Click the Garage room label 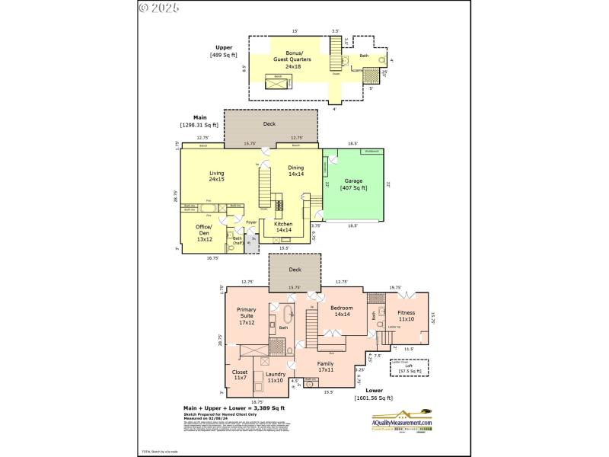[352, 184]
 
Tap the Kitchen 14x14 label [283, 227]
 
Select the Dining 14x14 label [296, 171]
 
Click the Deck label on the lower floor [295, 269]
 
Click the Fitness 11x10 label [406, 315]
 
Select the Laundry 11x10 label [275, 377]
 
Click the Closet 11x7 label [240, 376]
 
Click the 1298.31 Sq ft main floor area [199, 124]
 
